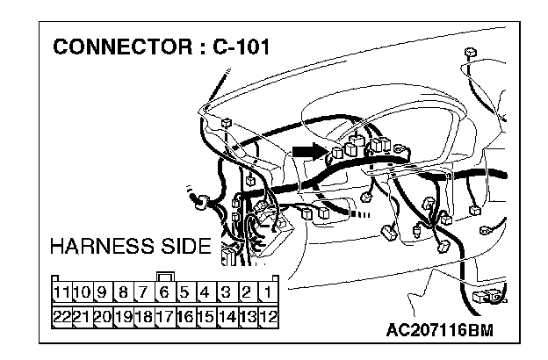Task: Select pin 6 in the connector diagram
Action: tap(163, 292)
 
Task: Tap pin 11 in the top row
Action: tap(61, 292)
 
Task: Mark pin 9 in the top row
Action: tap(101, 292)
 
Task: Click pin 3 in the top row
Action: tap(226, 292)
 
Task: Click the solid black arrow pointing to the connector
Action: tap(309, 152)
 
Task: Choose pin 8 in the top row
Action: tap(122, 292)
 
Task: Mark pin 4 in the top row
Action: tap(205, 292)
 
